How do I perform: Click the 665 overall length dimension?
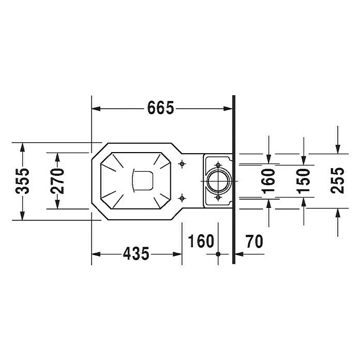tap(161, 109)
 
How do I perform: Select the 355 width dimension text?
tap(22, 181)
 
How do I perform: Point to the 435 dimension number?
tap(136, 254)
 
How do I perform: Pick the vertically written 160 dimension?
tap(268, 181)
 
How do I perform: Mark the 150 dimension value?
tap(304, 181)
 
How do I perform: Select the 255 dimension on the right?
tap(338, 181)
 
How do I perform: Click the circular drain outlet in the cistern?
tap(218, 181)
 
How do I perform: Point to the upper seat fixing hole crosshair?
tap(182, 164)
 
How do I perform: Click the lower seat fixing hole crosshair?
tap(182, 198)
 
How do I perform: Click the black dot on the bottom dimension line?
tap(218, 254)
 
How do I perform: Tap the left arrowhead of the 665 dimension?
tap(95, 109)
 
